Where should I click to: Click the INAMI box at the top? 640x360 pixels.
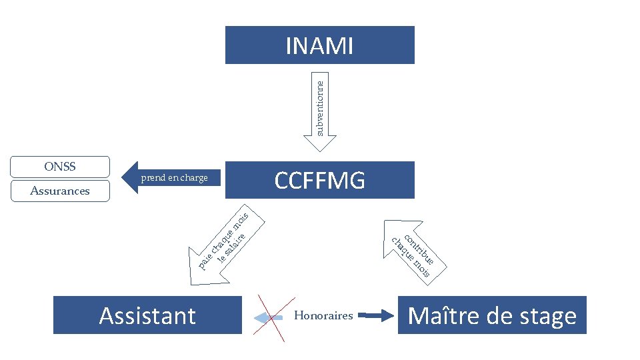(x=319, y=45)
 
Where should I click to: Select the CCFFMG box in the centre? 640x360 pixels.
(x=319, y=180)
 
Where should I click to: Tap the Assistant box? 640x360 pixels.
(x=147, y=315)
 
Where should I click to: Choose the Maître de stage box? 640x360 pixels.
(x=492, y=315)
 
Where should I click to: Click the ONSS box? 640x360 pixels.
(x=60, y=167)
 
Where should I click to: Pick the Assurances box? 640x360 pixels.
(x=60, y=191)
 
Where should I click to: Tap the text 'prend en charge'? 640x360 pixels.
(x=175, y=178)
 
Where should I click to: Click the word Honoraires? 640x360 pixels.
(x=323, y=316)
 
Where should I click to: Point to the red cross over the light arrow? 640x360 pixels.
(x=269, y=317)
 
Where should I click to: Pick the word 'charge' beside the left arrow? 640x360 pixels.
(x=194, y=178)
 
